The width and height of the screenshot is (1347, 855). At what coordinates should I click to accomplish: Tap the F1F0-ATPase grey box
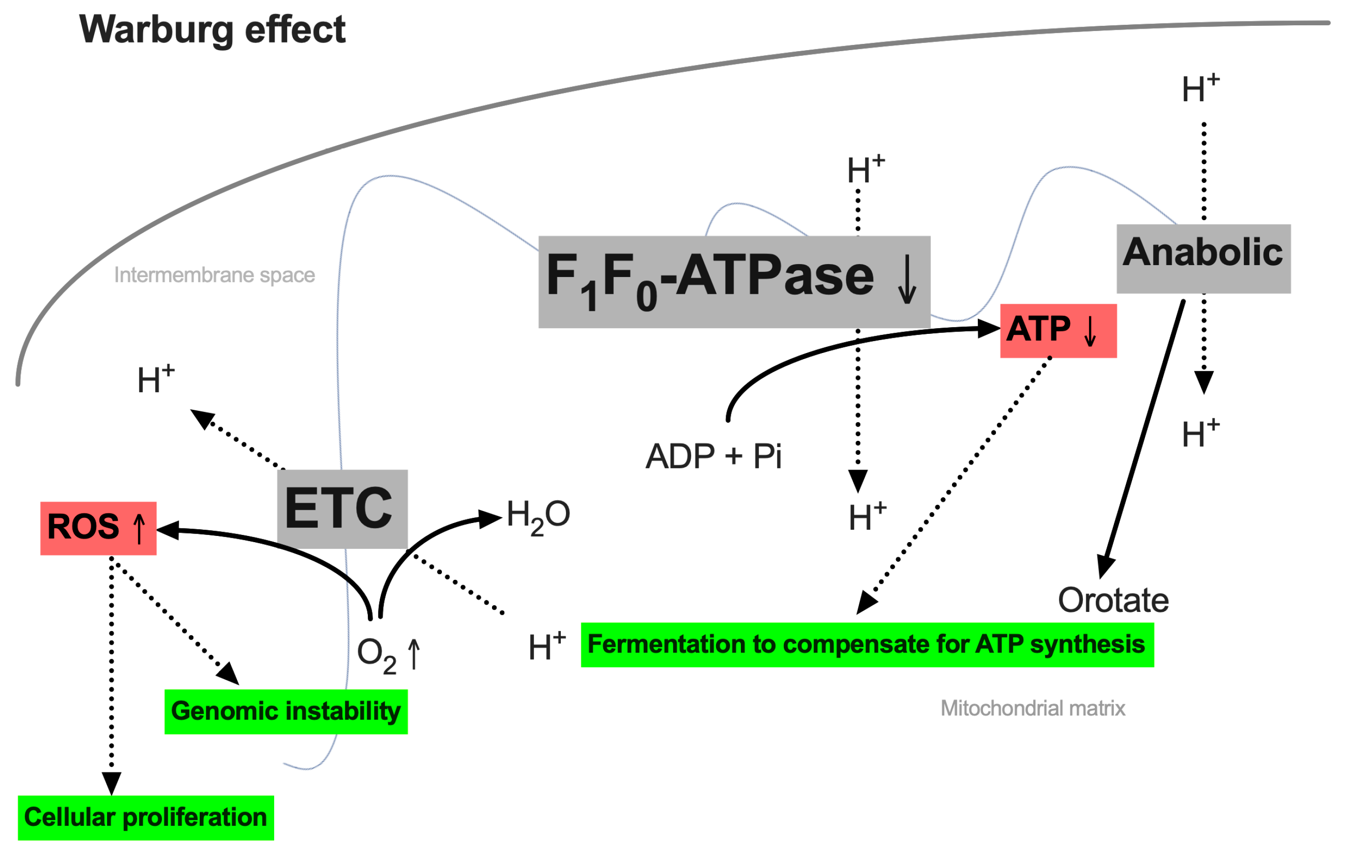coord(734,281)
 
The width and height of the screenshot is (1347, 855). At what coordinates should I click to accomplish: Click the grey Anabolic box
coord(1203,258)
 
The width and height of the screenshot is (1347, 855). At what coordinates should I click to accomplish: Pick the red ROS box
coord(98,528)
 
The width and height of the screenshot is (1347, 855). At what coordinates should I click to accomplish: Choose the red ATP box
coord(1058,330)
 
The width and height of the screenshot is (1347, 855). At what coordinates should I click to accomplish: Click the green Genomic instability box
coord(286,711)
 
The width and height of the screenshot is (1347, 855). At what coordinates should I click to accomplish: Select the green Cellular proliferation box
coord(145,818)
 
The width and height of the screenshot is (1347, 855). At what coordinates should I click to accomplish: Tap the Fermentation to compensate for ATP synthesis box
coord(866,645)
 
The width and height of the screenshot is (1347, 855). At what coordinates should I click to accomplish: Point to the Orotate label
coord(1112,600)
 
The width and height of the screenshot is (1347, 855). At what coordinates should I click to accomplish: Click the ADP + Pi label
coord(713,456)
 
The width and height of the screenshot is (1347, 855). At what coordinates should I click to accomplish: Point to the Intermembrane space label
coord(214,275)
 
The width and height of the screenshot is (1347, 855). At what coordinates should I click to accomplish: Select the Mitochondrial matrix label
coord(1032,708)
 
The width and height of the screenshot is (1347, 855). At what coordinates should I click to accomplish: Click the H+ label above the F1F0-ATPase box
coord(866,170)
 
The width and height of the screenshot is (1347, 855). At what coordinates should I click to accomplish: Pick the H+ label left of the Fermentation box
coord(546,647)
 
